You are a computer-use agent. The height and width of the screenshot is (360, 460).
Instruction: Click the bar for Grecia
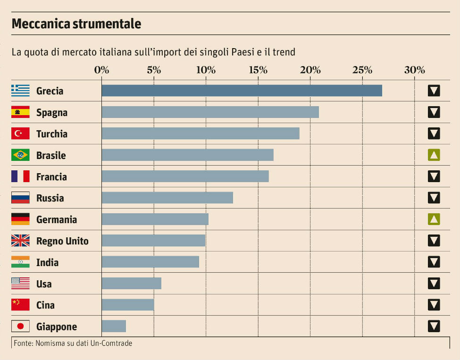pyautogui.click(x=242, y=91)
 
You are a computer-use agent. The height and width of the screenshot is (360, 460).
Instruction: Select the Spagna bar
pyautogui.click(x=210, y=112)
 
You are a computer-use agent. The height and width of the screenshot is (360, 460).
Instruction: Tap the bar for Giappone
pyautogui.click(x=114, y=327)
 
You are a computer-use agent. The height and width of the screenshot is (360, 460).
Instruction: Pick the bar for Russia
pyautogui.click(x=167, y=198)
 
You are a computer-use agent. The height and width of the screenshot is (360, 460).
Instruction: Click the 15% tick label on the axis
pyautogui.click(x=258, y=70)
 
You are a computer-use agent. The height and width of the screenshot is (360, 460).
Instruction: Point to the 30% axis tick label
pyautogui.click(x=414, y=70)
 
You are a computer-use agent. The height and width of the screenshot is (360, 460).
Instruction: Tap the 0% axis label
pyautogui.click(x=101, y=70)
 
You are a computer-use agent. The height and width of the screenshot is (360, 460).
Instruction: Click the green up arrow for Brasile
pyautogui.click(x=434, y=155)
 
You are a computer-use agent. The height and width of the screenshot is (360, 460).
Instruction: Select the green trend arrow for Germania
pyautogui.click(x=434, y=219)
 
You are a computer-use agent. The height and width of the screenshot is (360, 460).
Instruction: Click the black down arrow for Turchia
pyautogui.click(x=434, y=134)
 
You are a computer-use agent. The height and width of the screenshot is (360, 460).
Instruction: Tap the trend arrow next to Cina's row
pyautogui.click(x=434, y=305)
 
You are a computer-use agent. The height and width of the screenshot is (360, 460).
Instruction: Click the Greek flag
pyautogui.click(x=20, y=91)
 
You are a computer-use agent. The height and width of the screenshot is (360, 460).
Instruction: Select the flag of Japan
pyautogui.click(x=20, y=327)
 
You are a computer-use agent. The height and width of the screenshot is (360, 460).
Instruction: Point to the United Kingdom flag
pyautogui.click(x=20, y=241)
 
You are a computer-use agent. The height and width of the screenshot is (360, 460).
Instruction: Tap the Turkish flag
pyautogui.click(x=20, y=134)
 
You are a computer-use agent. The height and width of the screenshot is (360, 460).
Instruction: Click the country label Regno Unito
pyautogui.click(x=62, y=241)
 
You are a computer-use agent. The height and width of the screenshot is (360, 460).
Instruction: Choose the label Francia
pyautogui.click(x=51, y=177)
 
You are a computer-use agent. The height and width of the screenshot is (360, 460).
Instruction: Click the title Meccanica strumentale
pyautogui.click(x=76, y=24)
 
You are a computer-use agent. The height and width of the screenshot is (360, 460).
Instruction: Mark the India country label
pyautogui.click(x=47, y=262)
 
